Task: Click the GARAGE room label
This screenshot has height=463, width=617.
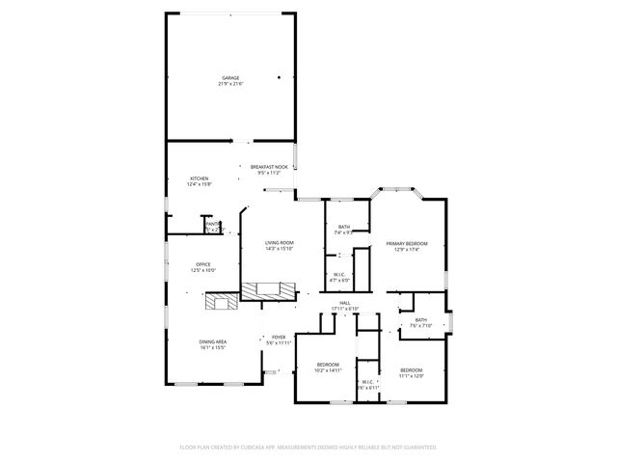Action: [x=230, y=78]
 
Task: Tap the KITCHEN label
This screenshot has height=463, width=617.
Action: [x=199, y=178]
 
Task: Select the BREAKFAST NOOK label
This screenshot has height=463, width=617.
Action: [x=269, y=167]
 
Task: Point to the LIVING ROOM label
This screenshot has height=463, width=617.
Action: [x=280, y=243]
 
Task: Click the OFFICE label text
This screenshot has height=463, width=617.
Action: [x=203, y=264]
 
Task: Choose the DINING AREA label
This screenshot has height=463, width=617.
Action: [x=212, y=341]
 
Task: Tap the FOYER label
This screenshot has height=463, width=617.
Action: [x=278, y=337]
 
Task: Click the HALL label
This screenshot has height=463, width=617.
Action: [x=344, y=303]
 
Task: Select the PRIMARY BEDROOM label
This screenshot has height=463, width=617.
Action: [x=407, y=243]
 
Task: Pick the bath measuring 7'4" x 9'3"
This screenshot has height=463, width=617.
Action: [x=344, y=227]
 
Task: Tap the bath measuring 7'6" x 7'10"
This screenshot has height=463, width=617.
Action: [x=421, y=320]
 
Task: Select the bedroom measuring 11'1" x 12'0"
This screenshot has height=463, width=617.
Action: [x=412, y=370]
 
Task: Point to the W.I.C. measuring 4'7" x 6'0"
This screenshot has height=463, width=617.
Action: [x=339, y=274]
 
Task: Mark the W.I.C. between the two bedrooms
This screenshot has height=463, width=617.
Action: [x=367, y=382]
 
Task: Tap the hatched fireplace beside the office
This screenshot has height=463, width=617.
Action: [x=221, y=303]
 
